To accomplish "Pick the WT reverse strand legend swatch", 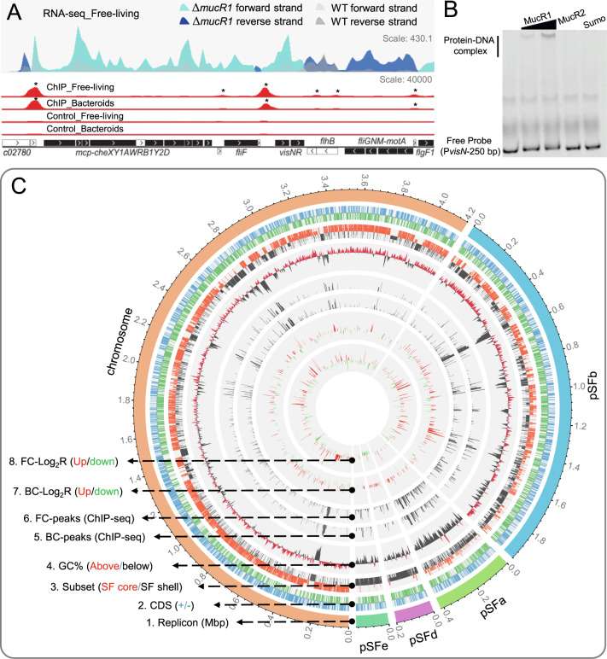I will [x=319, y=21].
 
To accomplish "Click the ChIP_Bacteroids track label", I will [x=79, y=102].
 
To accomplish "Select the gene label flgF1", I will [x=423, y=155].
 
